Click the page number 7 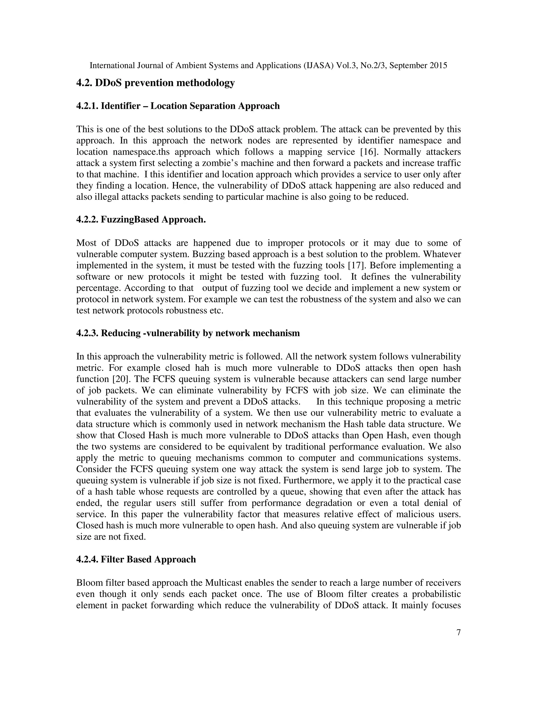coord(459,632)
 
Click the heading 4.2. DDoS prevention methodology coord(155,83)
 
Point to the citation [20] coord(121,379)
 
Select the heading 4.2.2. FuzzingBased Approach coord(141,219)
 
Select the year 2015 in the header coord(438,65)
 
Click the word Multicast coord(224,583)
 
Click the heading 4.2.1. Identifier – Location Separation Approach coord(178,106)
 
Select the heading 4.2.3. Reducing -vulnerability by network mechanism coord(188,333)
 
